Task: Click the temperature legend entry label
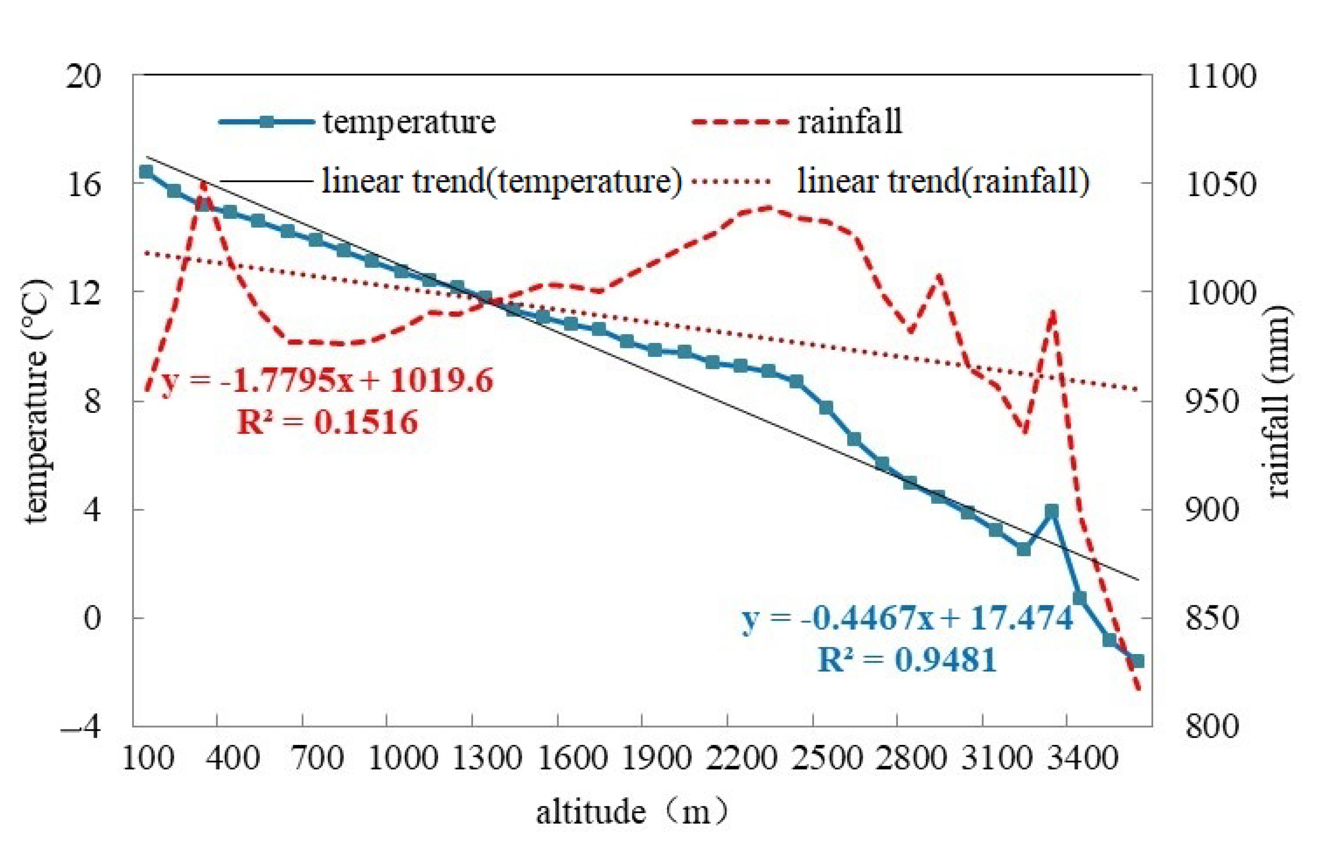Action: click(x=409, y=122)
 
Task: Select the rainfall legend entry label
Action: click(x=849, y=122)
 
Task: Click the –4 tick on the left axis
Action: click(x=81, y=726)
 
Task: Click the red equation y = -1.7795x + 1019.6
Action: click(x=327, y=381)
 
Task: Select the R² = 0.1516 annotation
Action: click(x=327, y=423)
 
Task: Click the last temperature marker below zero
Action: click(x=1138, y=661)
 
